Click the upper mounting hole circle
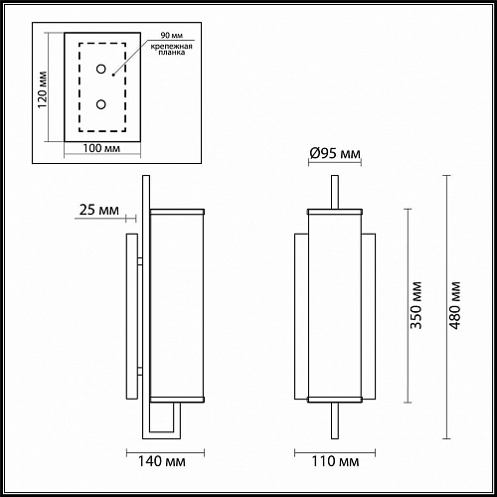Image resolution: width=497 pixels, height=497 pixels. pos(100,69)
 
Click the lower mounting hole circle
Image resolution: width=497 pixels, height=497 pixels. pos(100,103)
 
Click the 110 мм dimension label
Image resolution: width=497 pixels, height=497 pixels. pos(334,461)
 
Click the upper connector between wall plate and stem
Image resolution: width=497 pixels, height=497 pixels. pos(142,259)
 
